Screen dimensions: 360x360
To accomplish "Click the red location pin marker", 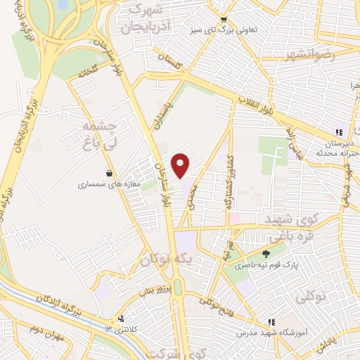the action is [181, 165].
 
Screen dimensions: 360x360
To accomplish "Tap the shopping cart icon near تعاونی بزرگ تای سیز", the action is [223, 20].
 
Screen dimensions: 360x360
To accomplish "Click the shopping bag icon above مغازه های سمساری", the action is [109, 172].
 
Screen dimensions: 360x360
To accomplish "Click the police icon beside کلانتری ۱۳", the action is [121, 319].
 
